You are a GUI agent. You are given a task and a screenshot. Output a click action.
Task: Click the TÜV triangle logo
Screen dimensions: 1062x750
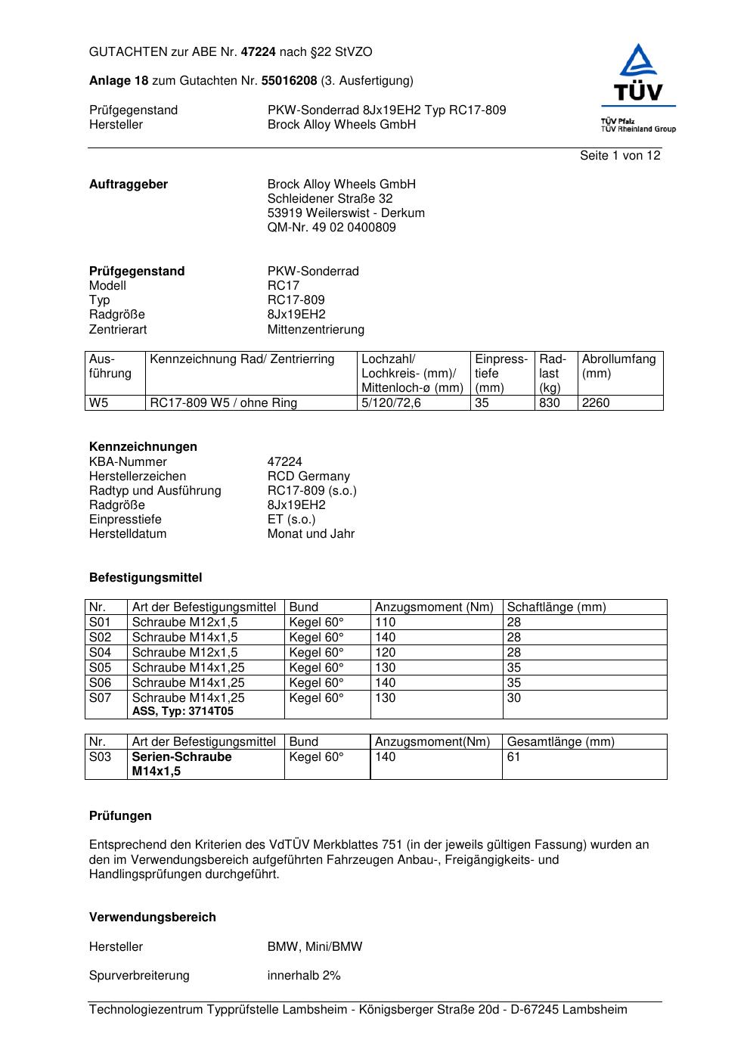639,72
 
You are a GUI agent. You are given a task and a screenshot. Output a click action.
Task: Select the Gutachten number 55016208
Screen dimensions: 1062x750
289,80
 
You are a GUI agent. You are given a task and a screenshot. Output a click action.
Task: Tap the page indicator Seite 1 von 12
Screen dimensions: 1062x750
620,156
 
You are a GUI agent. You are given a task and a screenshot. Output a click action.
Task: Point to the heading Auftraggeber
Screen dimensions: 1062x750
129,185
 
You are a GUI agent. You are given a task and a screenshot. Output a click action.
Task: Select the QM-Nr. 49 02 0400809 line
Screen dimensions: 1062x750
331,228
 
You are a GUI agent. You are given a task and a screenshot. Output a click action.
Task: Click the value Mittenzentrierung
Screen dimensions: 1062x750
315,330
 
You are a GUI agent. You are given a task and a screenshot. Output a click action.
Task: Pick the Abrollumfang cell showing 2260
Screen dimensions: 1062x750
596,403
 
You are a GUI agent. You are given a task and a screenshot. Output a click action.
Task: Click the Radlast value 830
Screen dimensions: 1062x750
550,403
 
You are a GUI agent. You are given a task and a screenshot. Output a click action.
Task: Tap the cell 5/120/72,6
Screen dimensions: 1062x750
391,403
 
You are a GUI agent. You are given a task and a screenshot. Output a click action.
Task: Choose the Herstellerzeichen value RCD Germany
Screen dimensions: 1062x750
308,477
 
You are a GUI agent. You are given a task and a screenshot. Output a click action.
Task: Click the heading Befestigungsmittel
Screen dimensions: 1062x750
146,578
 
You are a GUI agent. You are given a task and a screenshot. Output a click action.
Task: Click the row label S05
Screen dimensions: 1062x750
101,668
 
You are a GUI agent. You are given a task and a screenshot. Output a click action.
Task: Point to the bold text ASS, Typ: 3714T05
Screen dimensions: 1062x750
183,712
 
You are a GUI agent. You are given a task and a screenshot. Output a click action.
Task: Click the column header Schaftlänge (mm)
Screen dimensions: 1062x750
556,607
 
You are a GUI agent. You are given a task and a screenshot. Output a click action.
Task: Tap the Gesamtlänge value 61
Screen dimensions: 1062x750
513,757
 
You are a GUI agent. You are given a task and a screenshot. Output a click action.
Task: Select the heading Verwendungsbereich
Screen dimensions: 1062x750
153,918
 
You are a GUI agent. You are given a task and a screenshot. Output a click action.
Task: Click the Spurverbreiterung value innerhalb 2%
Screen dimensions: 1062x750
304,976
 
